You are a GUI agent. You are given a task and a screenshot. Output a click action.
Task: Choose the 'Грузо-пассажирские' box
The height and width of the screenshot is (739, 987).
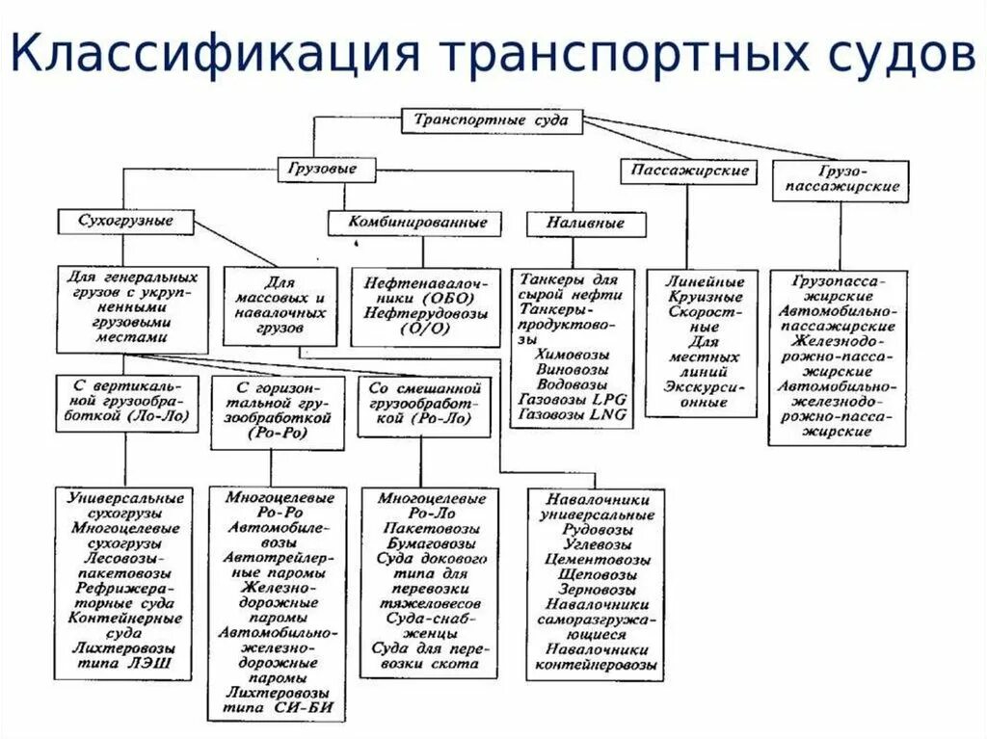click(x=840, y=180)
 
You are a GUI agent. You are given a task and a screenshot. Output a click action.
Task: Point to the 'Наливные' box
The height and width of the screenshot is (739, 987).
click(x=585, y=224)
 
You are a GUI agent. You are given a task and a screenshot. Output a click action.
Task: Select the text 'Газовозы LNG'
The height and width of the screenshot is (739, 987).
click(x=573, y=414)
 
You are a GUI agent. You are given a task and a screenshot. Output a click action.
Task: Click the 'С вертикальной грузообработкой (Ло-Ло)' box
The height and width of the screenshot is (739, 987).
click(x=128, y=403)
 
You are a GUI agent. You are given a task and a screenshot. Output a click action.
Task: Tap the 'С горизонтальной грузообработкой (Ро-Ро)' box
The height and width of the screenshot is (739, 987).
click(x=277, y=411)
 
